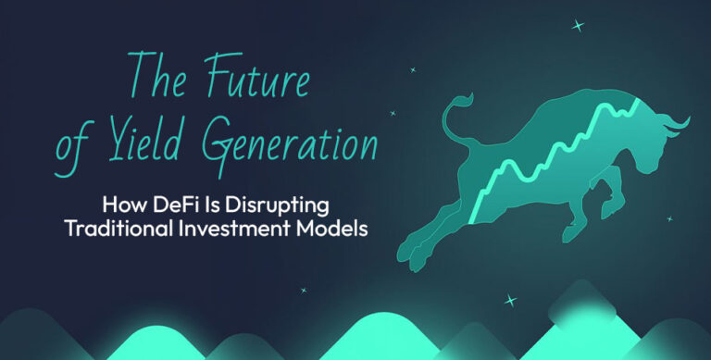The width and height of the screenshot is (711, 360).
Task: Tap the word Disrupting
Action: [x=281, y=205]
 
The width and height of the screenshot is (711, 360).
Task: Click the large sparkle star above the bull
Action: [x=579, y=26]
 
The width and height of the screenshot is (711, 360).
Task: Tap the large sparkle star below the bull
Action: [x=509, y=301]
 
